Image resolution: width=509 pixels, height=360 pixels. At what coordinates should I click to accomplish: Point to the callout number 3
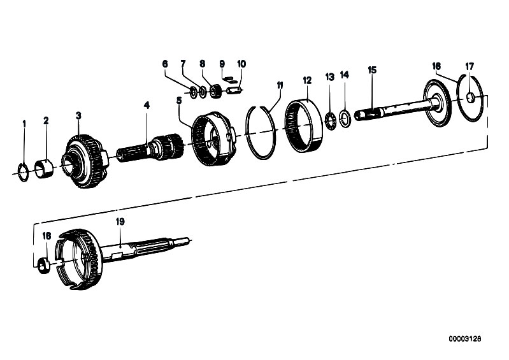coord(78,115)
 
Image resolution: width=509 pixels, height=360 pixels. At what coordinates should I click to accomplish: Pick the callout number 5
coord(179,100)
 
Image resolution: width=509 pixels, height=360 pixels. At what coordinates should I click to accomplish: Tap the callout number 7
coord(183,64)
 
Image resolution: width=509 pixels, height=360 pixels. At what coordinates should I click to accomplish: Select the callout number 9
coord(222,64)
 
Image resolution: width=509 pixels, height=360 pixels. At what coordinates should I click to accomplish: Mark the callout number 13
coord(329,76)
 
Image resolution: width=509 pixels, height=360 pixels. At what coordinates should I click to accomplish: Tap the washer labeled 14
coord(344,118)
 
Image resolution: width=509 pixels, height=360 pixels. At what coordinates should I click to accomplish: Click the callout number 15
coord(372,69)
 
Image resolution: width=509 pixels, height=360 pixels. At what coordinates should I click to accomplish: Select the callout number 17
coord(470,66)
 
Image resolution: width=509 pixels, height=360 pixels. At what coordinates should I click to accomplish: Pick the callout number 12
coord(307,80)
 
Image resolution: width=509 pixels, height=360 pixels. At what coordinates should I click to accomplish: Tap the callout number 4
coord(147,104)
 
